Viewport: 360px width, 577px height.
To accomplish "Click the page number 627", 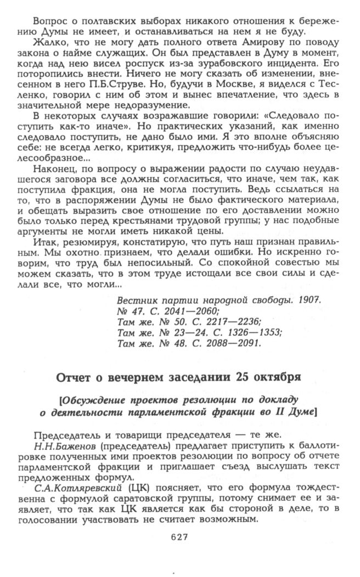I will pyautogui.click(x=179, y=538).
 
